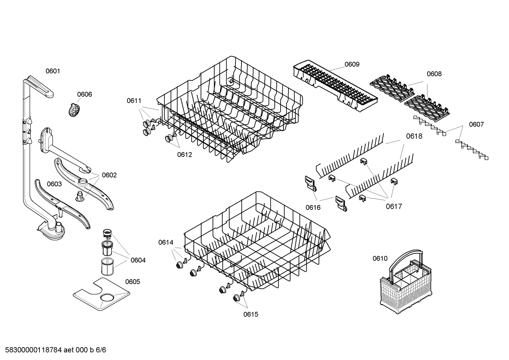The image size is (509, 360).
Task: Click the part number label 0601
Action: (x=53, y=71)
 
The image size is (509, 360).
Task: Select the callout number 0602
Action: (x=109, y=175)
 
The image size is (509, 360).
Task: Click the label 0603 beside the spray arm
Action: (x=54, y=184)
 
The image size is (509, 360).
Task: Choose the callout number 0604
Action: (x=138, y=260)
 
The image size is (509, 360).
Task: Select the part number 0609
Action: (x=352, y=64)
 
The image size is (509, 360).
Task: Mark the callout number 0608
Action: (x=434, y=74)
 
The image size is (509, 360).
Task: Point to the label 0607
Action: (x=476, y=124)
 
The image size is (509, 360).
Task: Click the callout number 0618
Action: (x=414, y=136)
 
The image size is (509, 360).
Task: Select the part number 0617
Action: (x=394, y=207)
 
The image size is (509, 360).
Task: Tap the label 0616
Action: (x=313, y=207)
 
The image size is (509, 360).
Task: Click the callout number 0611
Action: (x=134, y=101)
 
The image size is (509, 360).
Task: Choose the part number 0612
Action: (x=184, y=154)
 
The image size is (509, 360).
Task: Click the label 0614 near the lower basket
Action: (x=166, y=242)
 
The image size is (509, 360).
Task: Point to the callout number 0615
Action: (x=251, y=314)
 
